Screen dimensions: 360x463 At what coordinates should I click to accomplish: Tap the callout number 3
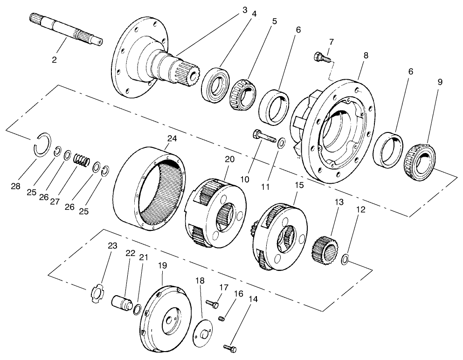(245, 10)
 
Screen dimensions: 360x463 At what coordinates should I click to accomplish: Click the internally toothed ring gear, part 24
(148, 187)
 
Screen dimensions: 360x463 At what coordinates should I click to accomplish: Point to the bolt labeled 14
(230, 348)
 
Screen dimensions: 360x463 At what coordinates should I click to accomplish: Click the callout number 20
(229, 159)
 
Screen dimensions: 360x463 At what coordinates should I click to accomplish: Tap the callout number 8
(366, 55)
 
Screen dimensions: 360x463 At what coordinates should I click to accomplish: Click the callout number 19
(162, 266)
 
